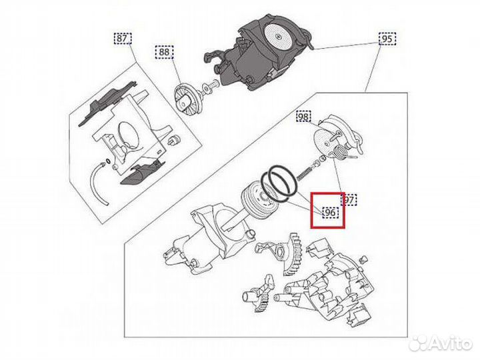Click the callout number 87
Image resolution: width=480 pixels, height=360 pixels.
(121, 39)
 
